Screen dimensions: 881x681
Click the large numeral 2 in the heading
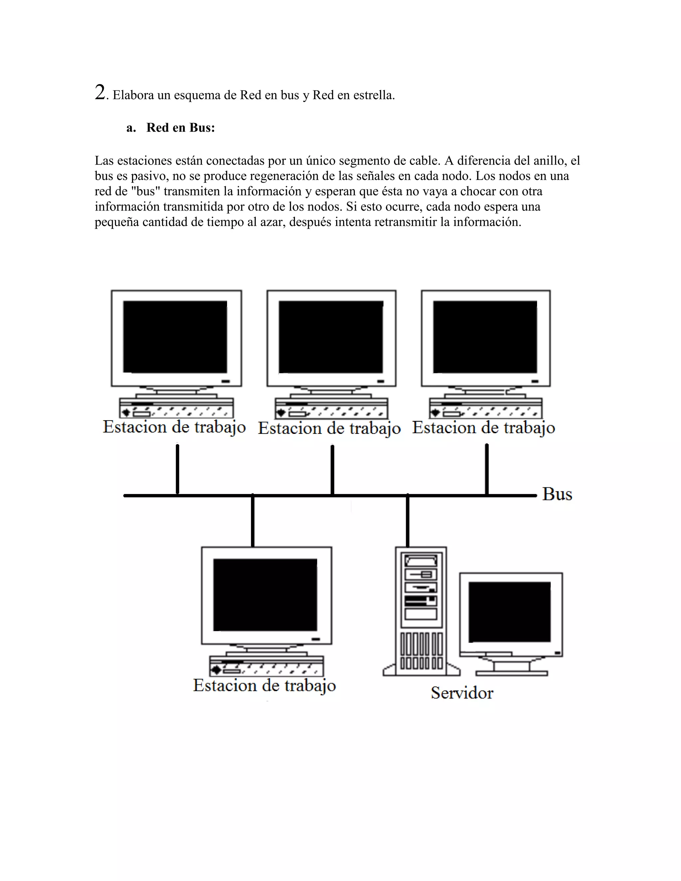pyautogui.click(x=100, y=92)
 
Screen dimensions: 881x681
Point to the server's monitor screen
pyautogui.click(x=509, y=611)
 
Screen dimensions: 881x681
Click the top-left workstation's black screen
pyautogui.click(x=175, y=337)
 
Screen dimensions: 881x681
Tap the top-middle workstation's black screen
pyautogui.click(x=331, y=337)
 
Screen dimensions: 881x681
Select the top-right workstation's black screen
pyautogui.click(x=485, y=337)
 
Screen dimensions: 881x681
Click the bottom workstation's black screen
pyautogui.click(x=265, y=595)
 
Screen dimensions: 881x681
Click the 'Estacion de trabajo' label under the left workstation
pyautogui.click(x=174, y=427)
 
